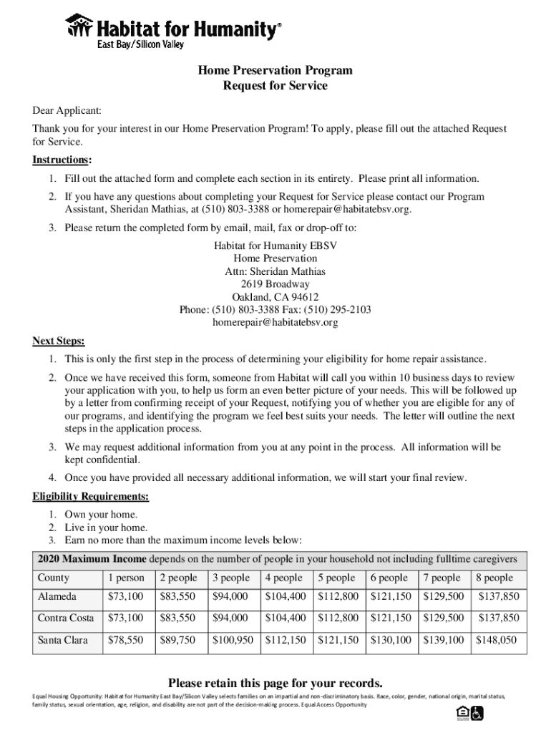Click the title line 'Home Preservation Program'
(x=275, y=70)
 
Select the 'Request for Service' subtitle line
(x=275, y=86)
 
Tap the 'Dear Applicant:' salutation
(x=67, y=111)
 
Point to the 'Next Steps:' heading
(x=59, y=340)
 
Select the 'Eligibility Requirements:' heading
(x=91, y=496)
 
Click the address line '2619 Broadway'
(x=275, y=283)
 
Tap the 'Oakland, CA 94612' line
(x=275, y=296)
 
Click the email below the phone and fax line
(x=275, y=322)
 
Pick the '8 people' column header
(x=494, y=578)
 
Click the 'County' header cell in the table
(x=54, y=578)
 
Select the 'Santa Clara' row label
(x=62, y=640)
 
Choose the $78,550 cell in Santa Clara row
(x=125, y=640)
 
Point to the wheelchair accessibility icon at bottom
(x=477, y=713)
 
